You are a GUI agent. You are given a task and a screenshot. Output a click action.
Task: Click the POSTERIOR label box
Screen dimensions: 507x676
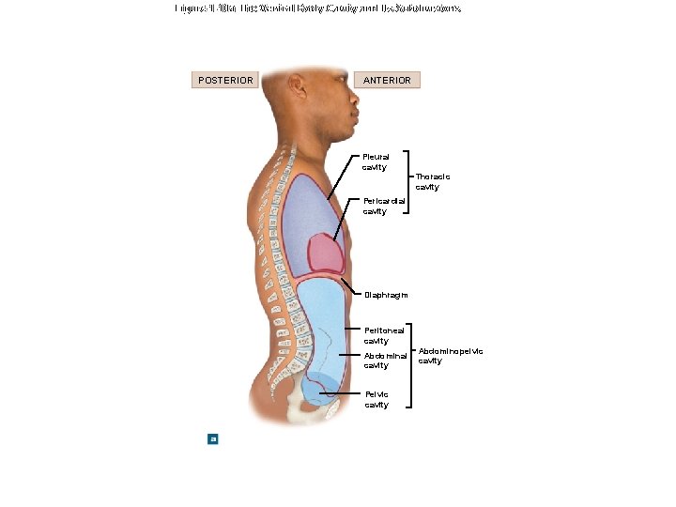(225, 80)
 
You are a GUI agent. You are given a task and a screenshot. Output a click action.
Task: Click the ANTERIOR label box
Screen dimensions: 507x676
(387, 80)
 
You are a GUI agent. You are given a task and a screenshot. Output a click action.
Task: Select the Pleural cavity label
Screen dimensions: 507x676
(376, 161)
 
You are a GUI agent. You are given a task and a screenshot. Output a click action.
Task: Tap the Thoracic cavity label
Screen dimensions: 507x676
(433, 181)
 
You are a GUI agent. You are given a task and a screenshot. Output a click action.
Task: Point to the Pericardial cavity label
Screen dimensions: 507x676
(384, 206)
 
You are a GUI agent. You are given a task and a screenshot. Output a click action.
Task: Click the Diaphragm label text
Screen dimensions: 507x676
(386, 295)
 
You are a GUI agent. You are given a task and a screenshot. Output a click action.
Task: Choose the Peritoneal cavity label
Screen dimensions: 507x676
(384, 335)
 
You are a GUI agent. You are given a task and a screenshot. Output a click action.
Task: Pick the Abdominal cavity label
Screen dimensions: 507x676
(385, 361)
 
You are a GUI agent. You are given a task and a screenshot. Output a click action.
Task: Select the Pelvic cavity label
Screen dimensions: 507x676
(376, 400)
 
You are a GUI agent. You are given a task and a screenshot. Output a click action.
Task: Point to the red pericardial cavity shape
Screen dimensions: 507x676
(327, 252)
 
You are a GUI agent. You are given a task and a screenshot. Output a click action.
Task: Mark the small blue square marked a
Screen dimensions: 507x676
(213, 438)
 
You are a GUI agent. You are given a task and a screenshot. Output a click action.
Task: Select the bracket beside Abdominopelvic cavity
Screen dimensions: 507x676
(413, 365)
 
